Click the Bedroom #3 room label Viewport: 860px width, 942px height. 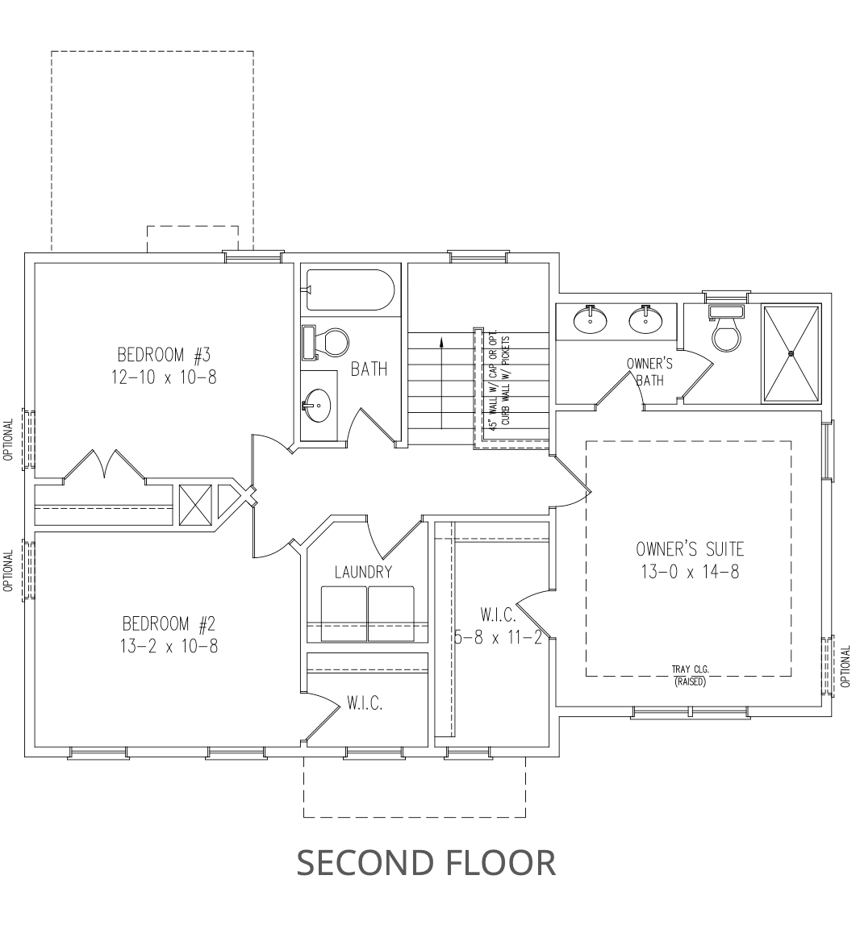point(164,354)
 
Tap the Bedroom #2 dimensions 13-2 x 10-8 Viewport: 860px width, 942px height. point(169,647)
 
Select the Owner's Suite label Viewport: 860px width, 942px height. point(690,549)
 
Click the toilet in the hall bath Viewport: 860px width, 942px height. point(325,343)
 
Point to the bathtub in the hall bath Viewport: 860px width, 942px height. point(350,290)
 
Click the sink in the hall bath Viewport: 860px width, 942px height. point(318,405)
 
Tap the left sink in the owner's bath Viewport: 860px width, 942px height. point(591,319)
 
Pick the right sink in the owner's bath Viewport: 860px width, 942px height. point(646,319)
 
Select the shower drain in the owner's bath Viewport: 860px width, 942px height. point(791,353)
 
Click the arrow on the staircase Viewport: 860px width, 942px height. point(442,383)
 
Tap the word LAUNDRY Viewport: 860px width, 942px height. point(364,572)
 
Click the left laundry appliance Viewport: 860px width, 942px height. point(344,614)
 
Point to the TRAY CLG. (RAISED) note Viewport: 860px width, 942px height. point(690,675)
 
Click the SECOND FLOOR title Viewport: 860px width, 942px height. point(426,862)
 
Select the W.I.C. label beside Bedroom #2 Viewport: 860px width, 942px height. point(364,703)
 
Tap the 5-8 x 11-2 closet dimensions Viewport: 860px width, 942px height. point(499,637)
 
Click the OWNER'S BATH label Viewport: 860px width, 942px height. point(649,372)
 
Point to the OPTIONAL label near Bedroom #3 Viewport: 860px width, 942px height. point(8,440)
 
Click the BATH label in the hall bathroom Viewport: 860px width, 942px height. point(369,369)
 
